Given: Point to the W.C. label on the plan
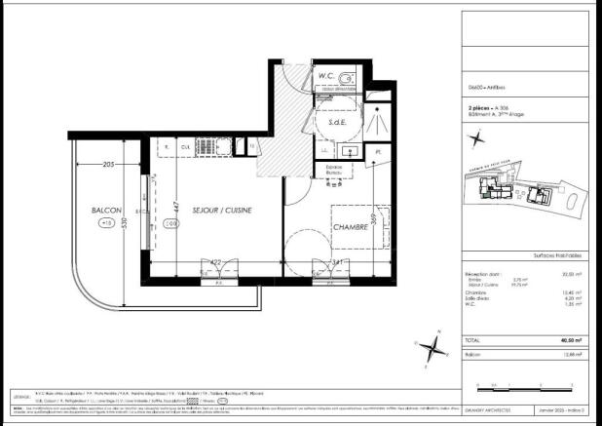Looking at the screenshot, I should pos(327,75).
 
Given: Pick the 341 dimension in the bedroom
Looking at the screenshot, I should pos(336,260).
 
